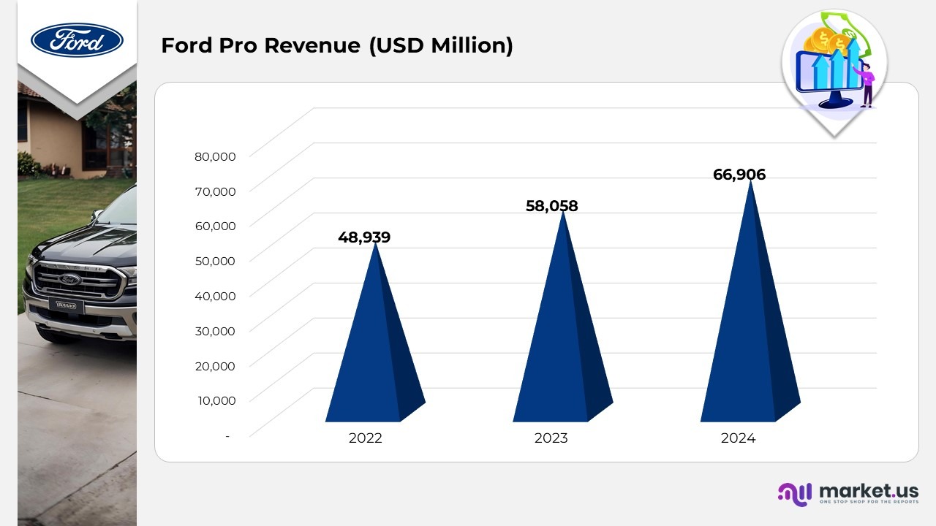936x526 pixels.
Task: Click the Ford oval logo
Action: pyautogui.click(x=77, y=39)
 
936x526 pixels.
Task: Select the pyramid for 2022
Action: pyautogui.click(x=373, y=351)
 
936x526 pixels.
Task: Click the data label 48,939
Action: pyautogui.click(x=364, y=237)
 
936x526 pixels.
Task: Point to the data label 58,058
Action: pyautogui.click(x=551, y=207)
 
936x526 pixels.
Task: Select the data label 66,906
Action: pyautogui.click(x=739, y=175)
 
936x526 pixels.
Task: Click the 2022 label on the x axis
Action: pyautogui.click(x=366, y=438)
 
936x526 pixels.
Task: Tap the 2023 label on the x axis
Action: pyautogui.click(x=551, y=438)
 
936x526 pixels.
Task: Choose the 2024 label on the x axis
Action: pyautogui.click(x=738, y=438)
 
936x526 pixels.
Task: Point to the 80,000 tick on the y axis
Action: pyautogui.click(x=215, y=156)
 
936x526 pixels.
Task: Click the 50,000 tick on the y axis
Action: pyautogui.click(x=215, y=261)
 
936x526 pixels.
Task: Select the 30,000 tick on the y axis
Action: pyautogui.click(x=215, y=330)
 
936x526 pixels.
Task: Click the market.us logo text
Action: pyautogui.click(x=868, y=490)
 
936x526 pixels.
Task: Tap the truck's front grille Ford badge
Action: pyautogui.click(x=70, y=279)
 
